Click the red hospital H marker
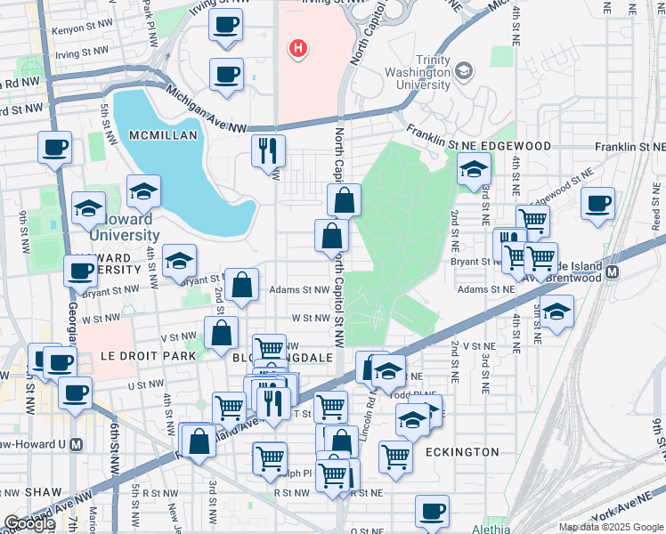[x=298, y=48]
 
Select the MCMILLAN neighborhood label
[x=160, y=133]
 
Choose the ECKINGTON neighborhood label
[x=461, y=452]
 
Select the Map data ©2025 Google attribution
[x=611, y=527]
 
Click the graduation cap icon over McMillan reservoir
[x=142, y=190]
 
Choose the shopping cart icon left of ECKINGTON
[x=395, y=456]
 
